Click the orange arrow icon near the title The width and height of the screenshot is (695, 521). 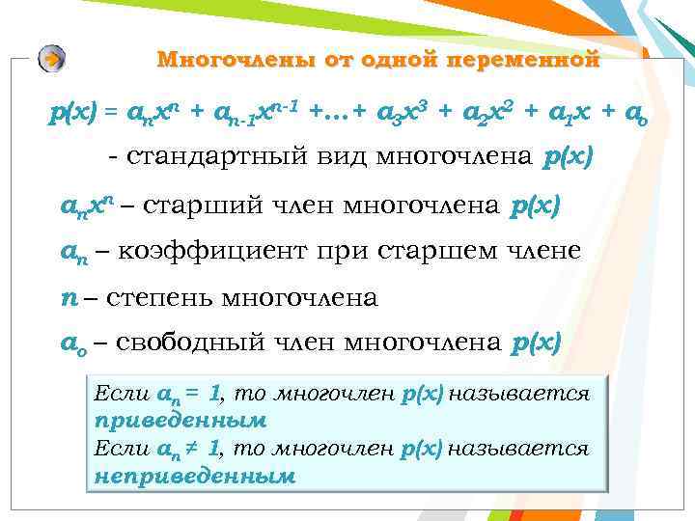click(53, 59)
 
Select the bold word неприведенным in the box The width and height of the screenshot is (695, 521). click(193, 476)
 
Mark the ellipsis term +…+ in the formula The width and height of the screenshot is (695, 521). click(338, 113)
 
